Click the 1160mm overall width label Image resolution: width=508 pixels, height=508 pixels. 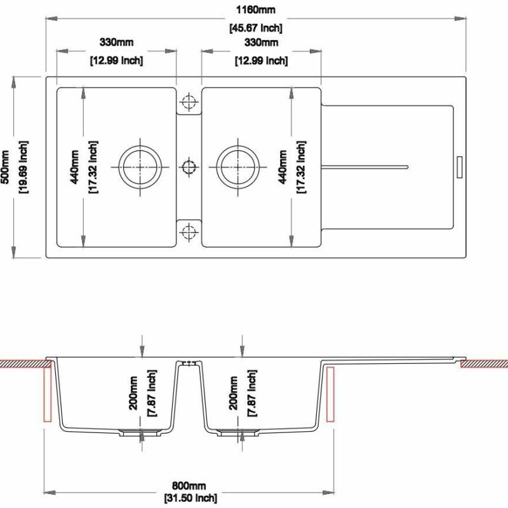pos(255,11)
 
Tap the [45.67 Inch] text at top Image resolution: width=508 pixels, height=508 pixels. pos(255,28)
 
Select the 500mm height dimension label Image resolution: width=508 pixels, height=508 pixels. pos(6,167)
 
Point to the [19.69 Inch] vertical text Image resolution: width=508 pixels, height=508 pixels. pos(22,167)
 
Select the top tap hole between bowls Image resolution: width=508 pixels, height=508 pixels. pos(189,103)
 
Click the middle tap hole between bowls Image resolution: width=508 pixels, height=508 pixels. pos(189,167)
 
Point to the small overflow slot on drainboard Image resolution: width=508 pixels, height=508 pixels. pos(460,167)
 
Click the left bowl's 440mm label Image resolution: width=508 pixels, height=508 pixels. pos(74,166)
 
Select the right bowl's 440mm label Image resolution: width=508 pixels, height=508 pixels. pos(283,166)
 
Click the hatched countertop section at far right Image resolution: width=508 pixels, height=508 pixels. pos(484,364)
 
